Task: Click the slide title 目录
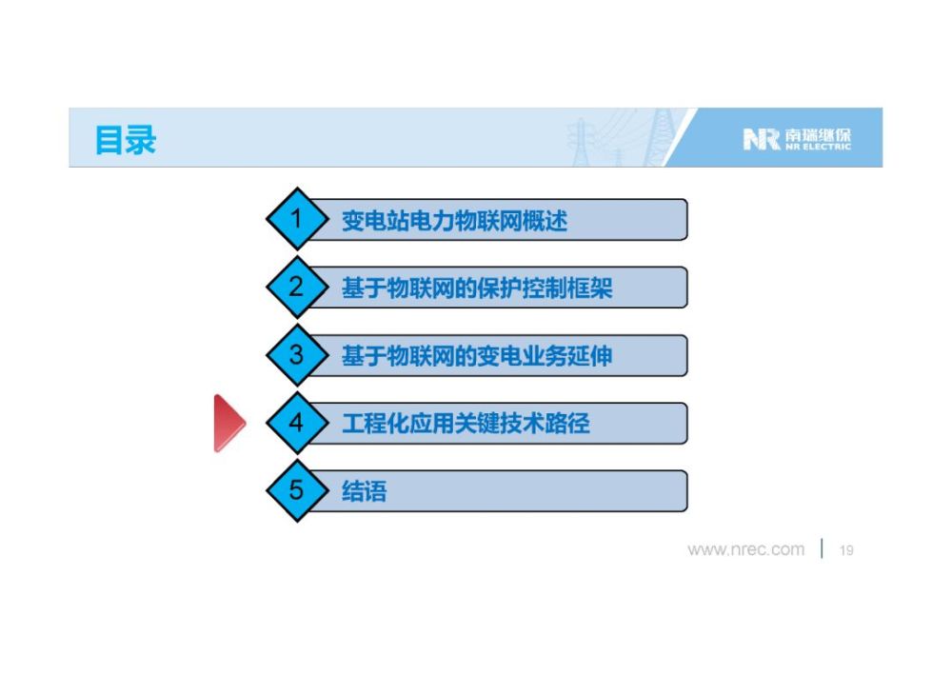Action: pos(126,140)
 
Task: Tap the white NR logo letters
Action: pos(762,139)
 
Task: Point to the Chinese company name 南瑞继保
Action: pos(817,135)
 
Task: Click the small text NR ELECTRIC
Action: pos(817,147)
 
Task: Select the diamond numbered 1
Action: pos(297,219)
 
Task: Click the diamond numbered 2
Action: pos(297,287)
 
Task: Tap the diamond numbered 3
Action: pos(297,354)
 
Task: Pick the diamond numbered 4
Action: pos(297,423)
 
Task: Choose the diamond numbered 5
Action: pos(297,490)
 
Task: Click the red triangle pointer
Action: pos(228,423)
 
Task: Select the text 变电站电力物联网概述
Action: pos(454,220)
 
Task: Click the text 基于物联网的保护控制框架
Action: pos(477,288)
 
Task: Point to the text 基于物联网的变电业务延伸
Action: pos(477,356)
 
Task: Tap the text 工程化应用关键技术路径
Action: pos(466,424)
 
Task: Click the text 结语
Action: pos(365,491)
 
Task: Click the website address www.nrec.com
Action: pos(745,550)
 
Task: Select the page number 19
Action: pos(846,550)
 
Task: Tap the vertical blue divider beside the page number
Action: pos(823,548)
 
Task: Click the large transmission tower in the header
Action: pos(657,138)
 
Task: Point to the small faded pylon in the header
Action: pos(581,142)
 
